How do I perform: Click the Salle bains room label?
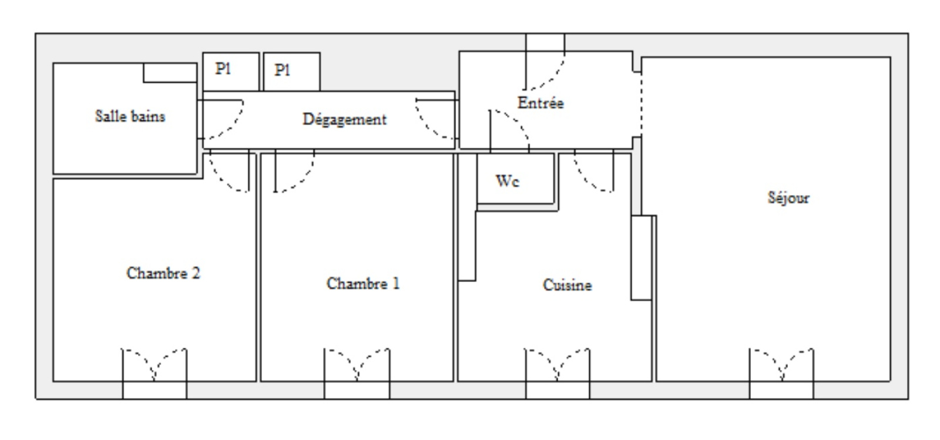(130, 116)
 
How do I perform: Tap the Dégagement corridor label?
(344, 120)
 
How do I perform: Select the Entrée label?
(540, 103)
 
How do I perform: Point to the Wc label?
(508, 181)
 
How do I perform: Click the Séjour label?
(788, 197)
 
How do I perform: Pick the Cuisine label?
(568, 286)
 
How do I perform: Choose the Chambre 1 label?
(363, 284)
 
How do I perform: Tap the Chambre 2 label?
(163, 273)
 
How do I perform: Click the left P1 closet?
(231, 71)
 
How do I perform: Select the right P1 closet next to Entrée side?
(291, 71)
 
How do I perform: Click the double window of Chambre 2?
(155, 373)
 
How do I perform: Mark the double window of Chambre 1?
(357, 373)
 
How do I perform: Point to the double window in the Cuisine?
(558, 373)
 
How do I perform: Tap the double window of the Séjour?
(781, 373)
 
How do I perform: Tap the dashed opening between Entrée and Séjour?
(641, 105)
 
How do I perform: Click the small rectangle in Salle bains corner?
(170, 73)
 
